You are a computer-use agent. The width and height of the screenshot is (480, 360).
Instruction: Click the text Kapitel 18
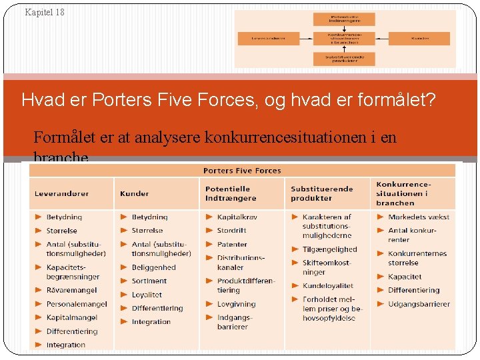point(45,12)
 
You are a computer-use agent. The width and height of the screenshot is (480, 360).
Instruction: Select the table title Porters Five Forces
point(242,171)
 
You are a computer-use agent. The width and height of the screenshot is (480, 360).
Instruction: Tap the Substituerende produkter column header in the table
point(321,193)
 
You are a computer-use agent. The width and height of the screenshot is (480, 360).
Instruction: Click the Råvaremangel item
point(71,290)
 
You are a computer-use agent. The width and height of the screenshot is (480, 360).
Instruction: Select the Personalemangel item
point(77,304)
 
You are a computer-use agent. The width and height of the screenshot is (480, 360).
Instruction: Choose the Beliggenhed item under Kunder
point(153,267)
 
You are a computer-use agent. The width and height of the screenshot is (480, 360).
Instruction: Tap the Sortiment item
point(149,281)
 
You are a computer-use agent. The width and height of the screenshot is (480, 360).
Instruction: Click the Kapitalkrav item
point(237,217)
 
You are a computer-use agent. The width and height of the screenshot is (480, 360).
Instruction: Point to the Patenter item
point(232,244)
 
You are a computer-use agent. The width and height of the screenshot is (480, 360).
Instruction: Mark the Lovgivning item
point(236,304)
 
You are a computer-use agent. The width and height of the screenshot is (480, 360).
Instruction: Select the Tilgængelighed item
point(329,249)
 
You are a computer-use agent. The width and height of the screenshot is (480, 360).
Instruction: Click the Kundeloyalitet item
point(327,285)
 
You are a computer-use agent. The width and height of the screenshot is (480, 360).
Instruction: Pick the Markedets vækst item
point(419,217)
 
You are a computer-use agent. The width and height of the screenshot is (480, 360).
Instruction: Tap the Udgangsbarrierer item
point(419,304)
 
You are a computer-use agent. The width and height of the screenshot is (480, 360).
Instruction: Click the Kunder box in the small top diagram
point(419,39)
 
